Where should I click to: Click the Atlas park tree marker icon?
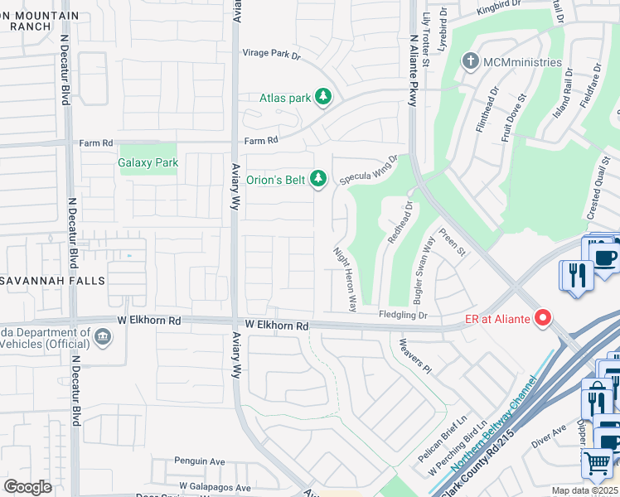coord(323,98)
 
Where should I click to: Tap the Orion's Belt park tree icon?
coord(317,177)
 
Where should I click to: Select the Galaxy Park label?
coord(148,163)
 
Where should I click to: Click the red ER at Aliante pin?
coord(543,316)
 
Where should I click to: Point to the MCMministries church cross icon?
coord(470,62)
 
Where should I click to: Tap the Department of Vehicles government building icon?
coord(103,335)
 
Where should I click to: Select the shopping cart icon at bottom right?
coord(598,463)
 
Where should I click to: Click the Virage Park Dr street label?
coord(271,54)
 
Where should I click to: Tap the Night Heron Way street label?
coord(345,278)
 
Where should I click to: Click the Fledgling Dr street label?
coord(403,315)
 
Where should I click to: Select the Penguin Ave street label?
coord(200,461)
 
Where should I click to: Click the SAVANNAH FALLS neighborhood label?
coord(53,281)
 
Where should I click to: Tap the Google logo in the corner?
coord(28,487)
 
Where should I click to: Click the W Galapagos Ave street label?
coord(215,488)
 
